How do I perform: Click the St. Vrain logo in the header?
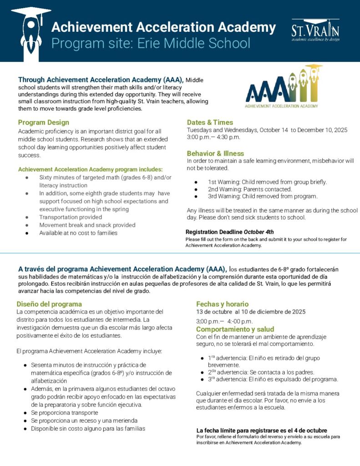315,30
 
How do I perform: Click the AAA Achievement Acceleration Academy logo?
281,87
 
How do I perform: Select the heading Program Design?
44,122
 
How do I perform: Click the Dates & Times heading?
210,122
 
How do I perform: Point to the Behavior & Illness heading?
215,153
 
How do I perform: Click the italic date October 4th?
259,232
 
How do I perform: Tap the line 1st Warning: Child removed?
267,182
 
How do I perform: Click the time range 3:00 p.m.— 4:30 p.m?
213,137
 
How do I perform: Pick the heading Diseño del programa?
49,304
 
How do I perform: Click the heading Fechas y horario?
222,304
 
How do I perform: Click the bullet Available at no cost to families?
78,233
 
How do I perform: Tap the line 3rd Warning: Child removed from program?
269,197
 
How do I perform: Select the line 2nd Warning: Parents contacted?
256,189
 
